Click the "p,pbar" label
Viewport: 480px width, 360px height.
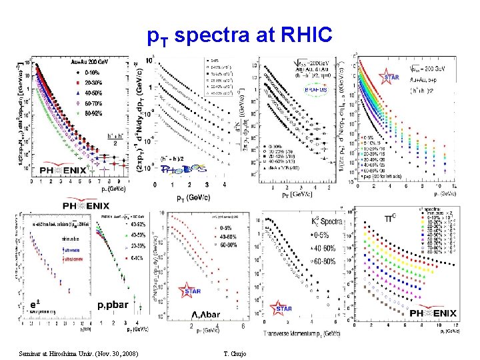pyautogui.click(x=113, y=305)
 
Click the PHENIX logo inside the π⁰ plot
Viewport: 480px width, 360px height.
pyautogui.click(x=433, y=311)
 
